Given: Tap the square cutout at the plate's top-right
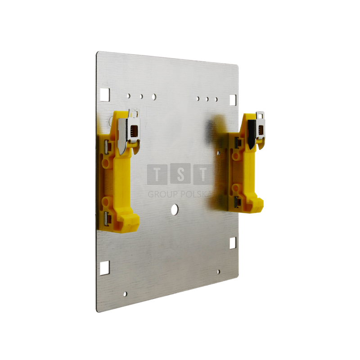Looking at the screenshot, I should point(233,99).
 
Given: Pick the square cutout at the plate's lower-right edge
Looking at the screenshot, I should point(233,243).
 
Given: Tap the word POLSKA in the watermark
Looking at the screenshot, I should point(194,194).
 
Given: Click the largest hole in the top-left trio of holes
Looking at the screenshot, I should point(154,96).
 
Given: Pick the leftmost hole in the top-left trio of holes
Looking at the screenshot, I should point(129,95).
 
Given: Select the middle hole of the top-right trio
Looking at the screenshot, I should point(207,98).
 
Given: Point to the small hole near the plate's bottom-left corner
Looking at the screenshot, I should point(126,294).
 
